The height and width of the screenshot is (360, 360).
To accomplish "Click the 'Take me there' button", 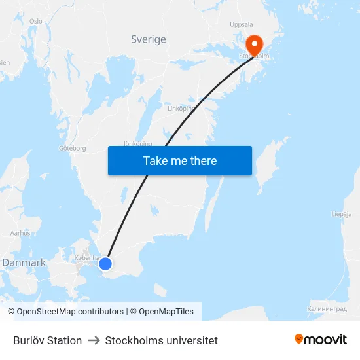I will point(180,161).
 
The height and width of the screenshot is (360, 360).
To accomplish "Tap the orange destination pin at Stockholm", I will point(253,45).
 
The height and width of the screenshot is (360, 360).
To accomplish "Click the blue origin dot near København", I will point(105,264).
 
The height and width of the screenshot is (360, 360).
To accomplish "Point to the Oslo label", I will point(35,21).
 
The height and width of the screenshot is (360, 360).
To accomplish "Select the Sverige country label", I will point(149,39).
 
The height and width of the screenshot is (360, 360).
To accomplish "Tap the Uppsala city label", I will point(242,24).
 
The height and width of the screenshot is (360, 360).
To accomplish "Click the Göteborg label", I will point(73,148).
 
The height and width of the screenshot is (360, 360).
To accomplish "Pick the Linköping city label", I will point(181,109).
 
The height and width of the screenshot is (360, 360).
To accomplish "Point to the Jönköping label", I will point(137,143).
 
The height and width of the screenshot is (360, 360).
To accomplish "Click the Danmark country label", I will point(24,262).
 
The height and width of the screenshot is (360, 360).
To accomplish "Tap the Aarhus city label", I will point(20,232).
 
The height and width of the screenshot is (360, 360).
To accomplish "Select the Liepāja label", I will point(342,214).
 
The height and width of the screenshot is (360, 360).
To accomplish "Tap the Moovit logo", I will point(320,340).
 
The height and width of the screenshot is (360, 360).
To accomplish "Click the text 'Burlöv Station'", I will point(47,340).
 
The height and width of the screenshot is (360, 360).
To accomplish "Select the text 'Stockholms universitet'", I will point(162,340).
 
